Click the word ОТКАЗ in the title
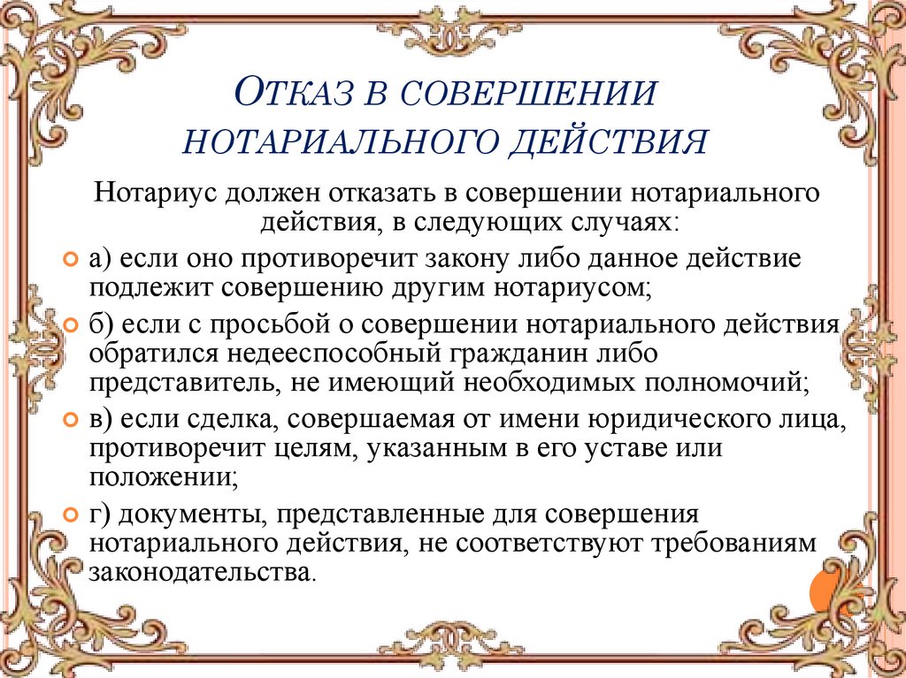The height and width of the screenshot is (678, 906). coord(296,93)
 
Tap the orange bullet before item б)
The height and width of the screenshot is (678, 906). coord(72,325)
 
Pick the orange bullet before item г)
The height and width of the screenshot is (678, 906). coord(72,514)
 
